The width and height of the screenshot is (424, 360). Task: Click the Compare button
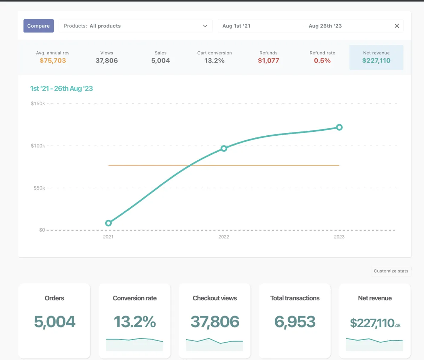click(x=39, y=26)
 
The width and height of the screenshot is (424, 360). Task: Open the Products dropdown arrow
click(x=205, y=26)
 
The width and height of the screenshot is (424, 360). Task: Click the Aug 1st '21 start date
click(x=236, y=26)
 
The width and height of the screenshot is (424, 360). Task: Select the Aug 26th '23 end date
click(x=325, y=26)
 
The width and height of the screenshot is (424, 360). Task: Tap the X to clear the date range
click(x=397, y=26)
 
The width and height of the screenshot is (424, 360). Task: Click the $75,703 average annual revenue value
click(x=53, y=60)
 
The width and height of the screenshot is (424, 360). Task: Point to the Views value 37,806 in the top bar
click(x=107, y=60)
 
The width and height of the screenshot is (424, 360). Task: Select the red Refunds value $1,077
click(x=269, y=60)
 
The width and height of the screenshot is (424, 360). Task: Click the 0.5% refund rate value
click(x=322, y=60)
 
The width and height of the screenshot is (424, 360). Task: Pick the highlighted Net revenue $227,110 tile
click(x=376, y=57)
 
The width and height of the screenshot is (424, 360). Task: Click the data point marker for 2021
click(x=108, y=223)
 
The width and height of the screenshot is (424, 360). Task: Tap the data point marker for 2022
click(x=224, y=148)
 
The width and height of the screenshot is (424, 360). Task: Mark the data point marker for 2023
click(x=339, y=127)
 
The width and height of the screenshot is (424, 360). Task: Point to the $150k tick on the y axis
click(x=38, y=104)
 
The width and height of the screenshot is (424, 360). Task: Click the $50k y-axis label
click(x=39, y=188)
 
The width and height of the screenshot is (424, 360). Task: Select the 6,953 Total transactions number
click(x=295, y=321)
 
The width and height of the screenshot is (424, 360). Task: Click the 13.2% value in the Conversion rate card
click(x=135, y=321)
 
